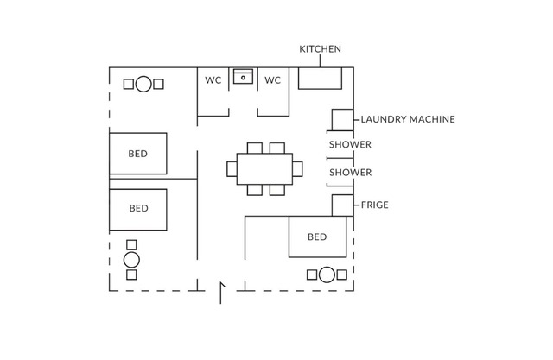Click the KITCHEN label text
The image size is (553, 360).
click(x=320, y=49)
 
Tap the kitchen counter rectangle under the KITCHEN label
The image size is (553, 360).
click(x=321, y=79)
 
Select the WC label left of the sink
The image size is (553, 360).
click(x=213, y=80)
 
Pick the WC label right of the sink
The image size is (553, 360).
click(x=272, y=80)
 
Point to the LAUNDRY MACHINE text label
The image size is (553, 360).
click(x=407, y=119)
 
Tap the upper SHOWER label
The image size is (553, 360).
click(x=350, y=144)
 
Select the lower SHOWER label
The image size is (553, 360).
click(x=350, y=173)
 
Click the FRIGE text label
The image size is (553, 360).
click(x=374, y=205)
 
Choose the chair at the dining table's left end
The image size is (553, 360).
click(x=232, y=168)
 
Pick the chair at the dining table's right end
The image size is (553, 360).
click(x=298, y=168)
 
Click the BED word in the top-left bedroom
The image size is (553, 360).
click(x=138, y=154)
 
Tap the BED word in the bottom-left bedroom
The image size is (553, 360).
click(x=138, y=208)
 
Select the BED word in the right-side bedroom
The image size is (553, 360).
click(x=317, y=237)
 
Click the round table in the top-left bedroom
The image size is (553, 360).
click(x=143, y=84)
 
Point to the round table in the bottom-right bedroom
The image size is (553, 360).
click(x=326, y=275)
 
